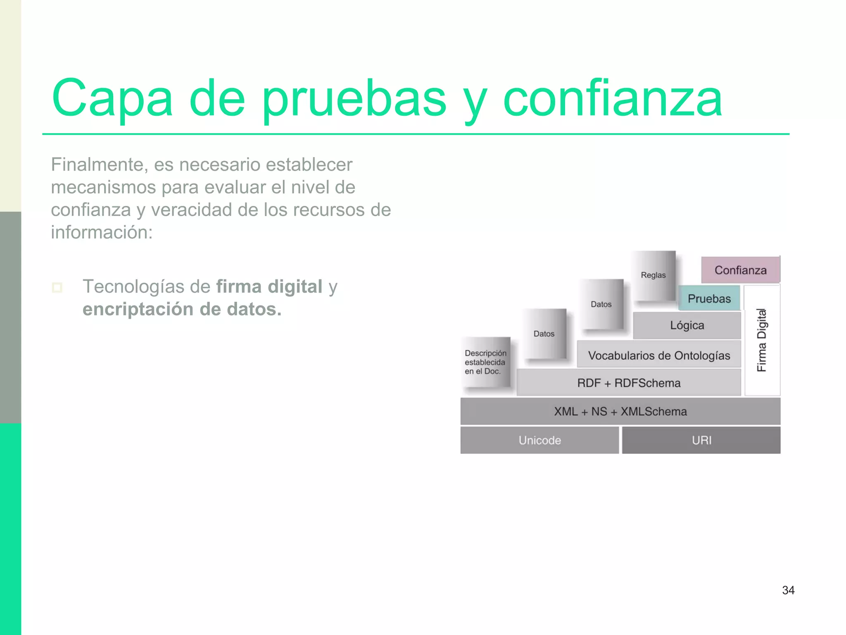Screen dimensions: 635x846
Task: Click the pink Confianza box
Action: (x=740, y=270)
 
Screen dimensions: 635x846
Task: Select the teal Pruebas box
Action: (x=709, y=298)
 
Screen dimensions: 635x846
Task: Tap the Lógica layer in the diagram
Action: (x=687, y=325)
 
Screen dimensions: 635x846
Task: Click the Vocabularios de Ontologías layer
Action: (x=659, y=355)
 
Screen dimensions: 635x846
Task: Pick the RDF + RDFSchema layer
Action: (x=629, y=383)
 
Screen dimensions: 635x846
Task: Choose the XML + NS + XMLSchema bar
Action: (x=620, y=411)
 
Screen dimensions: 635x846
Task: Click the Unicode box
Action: (x=539, y=440)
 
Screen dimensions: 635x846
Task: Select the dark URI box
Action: (x=701, y=440)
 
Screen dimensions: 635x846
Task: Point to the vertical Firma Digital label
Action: (x=762, y=340)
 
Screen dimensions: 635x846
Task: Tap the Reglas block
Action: (x=653, y=275)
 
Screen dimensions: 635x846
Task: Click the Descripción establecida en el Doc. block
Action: (x=485, y=362)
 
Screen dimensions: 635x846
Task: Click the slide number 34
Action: (x=788, y=590)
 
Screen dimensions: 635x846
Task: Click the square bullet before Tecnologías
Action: (x=57, y=287)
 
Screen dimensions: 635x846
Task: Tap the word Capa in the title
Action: (x=112, y=99)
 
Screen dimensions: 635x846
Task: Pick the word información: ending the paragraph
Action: (x=102, y=232)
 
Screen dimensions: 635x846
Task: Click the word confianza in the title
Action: (x=612, y=99)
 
